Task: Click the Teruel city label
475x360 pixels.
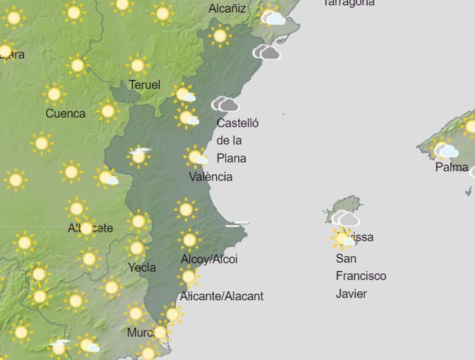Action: click(145, 85)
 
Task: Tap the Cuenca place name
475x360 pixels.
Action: click(65, 114)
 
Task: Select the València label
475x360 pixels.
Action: click(211, 177)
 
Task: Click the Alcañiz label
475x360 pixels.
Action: click(227, 9)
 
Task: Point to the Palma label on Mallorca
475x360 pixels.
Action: click(452, 167)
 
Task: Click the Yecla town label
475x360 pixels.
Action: click(142, 267)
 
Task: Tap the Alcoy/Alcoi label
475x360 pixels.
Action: click(209, 260)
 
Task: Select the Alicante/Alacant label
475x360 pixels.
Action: click(221, 297)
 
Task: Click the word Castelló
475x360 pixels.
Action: click(237, 123)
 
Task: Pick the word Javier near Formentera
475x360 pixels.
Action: click(351, 294)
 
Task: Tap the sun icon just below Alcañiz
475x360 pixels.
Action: click(220, 36)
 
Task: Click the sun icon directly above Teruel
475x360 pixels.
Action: click(138, 65)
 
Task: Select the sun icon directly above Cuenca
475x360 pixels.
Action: click(54, 94)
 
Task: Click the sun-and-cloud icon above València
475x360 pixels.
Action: click(197, 158)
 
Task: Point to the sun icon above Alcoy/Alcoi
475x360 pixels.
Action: click(189, 240)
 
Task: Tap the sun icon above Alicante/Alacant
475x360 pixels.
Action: click(189, 277)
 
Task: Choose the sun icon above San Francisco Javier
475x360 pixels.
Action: click(342, 238)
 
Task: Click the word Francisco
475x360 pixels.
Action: click(361, 276)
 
